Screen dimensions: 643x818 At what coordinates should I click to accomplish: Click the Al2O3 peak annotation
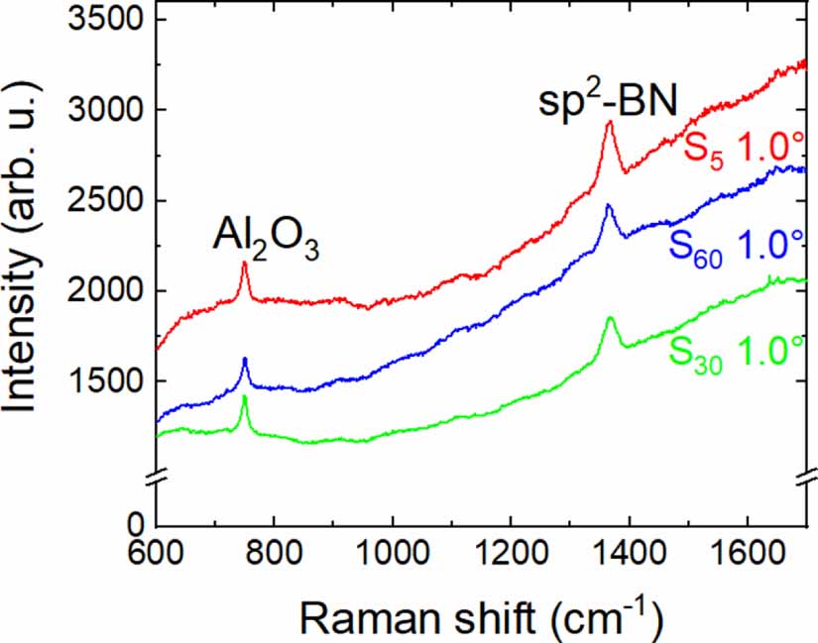(266, 239)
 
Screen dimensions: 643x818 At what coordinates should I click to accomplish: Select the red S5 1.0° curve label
(742, 149)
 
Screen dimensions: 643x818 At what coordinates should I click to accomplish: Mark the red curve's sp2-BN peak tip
(609, 122)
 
